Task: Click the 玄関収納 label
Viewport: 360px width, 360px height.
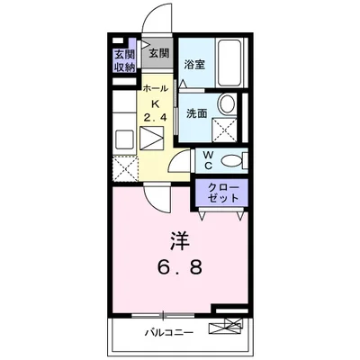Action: click(124, 59)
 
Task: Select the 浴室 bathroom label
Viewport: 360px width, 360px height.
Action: click(195, 65)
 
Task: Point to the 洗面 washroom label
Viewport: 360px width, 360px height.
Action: click(197, 113)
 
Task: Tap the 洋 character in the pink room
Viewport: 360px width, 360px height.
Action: click(180, 240)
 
